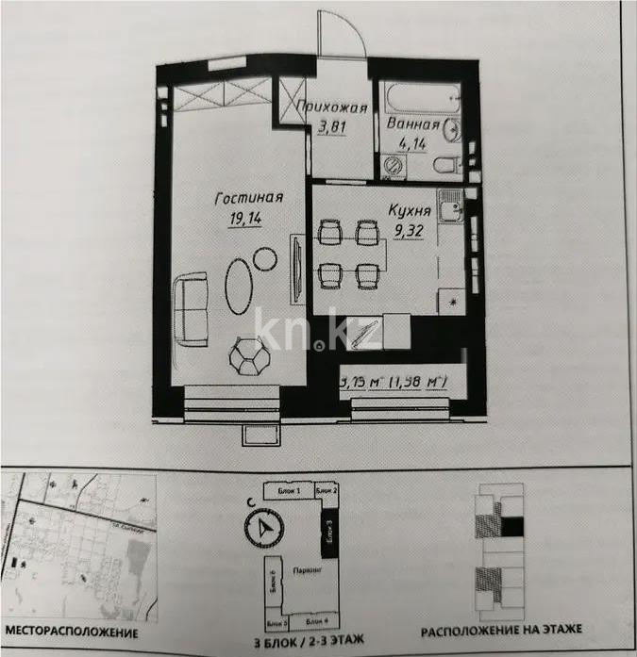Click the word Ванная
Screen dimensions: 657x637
[x=412, y=124]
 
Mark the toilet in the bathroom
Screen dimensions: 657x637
[x=444, y=166]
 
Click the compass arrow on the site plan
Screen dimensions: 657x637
[x=262, y=528]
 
